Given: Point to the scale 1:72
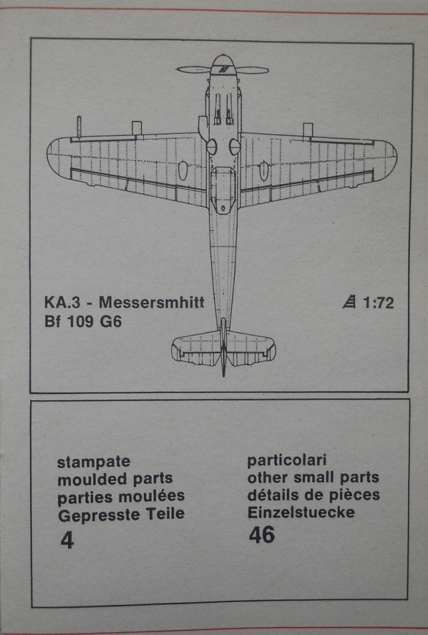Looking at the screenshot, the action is tap(378, 302).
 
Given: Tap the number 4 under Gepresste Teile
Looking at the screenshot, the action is tap(66, 541).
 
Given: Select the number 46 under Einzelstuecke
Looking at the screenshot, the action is tap(261, 535).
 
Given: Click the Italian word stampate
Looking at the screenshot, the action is tap(94, 462).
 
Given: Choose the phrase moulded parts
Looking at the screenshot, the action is tap(115, 479).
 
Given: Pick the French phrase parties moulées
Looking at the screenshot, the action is tap(121, 496).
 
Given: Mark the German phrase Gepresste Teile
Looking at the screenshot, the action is tap(121, 514).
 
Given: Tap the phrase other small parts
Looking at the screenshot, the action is tap(313, 478).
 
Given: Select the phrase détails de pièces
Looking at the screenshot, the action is tap(314, 496).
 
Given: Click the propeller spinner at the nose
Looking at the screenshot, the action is tap(223, 68).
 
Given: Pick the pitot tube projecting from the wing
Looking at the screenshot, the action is tap(79, 125).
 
